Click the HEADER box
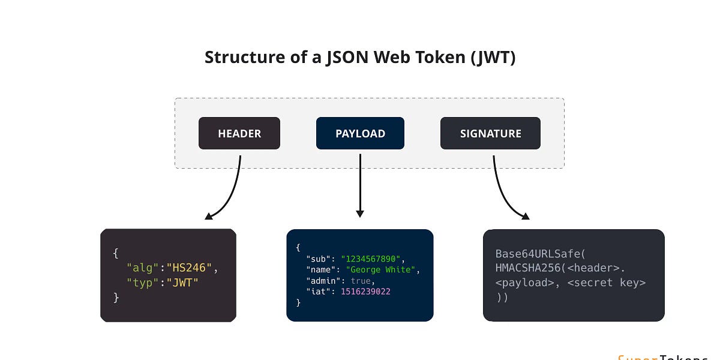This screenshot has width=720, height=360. pyautogui.click(x=239, y=133)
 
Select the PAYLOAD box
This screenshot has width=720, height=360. pyautogui.click(x=360, y=133)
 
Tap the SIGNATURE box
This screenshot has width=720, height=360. pyautogui.click(x=490, y=133)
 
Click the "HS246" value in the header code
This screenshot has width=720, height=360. pyautogui.click(x=189, y=268)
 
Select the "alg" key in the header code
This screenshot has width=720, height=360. pyautogui.click(x=142, y=268)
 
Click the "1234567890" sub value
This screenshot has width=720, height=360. pyautogui.click(x=371, y=259)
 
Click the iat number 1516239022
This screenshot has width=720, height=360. pyautogui.click(x=365, y=292)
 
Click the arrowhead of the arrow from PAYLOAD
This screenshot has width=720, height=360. pyautogui.click(x=360, y=213)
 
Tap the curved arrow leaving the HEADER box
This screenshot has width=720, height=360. pyautogui.click(x=233, y=192)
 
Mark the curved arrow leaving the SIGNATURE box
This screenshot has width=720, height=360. pyautogui.click(x=501, y=192)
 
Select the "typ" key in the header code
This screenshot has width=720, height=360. pyautogui.click(x=142, y=282)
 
